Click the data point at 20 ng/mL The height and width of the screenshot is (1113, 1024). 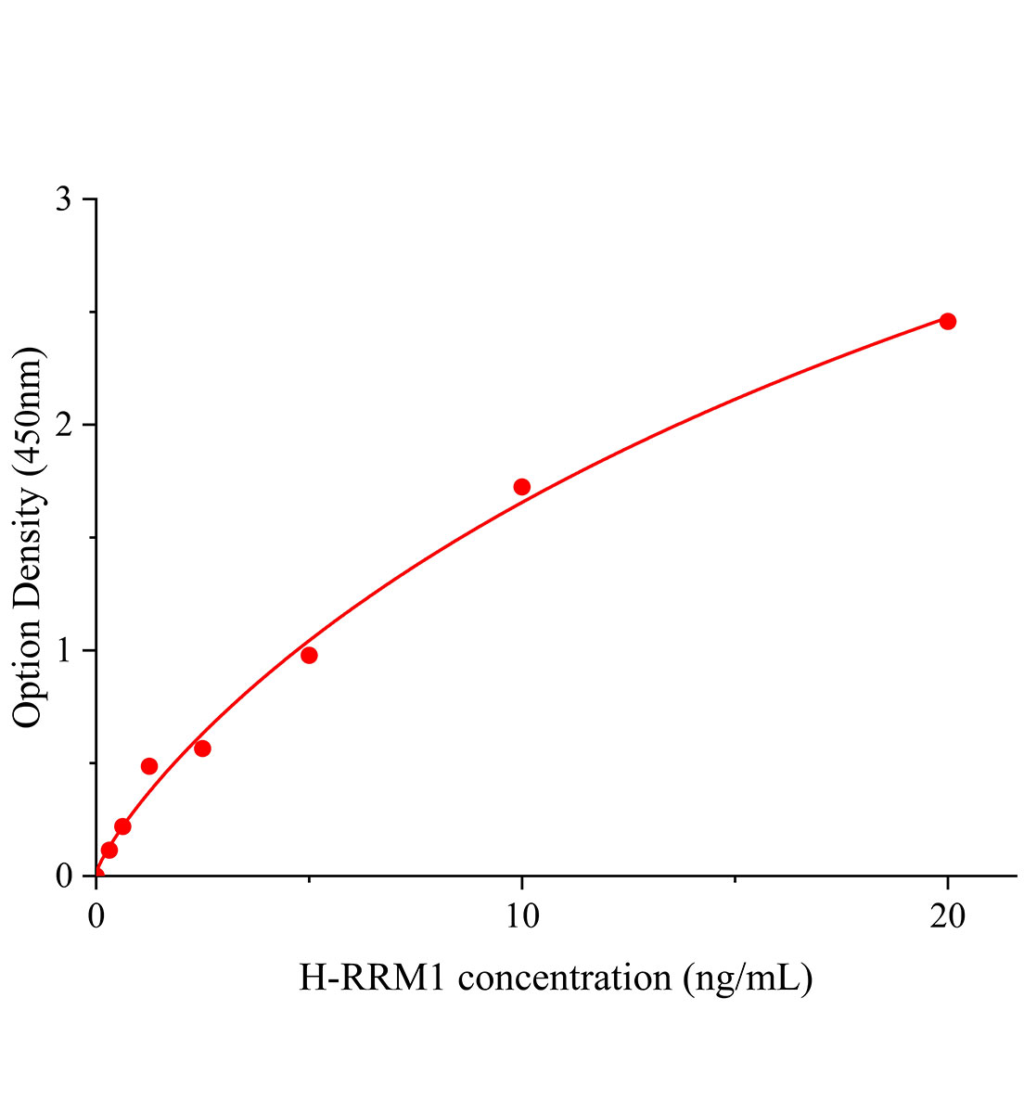[x=947, y=322]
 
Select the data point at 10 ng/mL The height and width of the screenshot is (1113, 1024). [x=521, y=487]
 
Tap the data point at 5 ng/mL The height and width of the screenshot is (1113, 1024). [x=309, y=656]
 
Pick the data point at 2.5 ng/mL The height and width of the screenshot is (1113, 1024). [x=202, y=748]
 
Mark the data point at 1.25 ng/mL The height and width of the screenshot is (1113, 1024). [x=149, y=766]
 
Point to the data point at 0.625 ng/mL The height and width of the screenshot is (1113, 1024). [x=122, y=826]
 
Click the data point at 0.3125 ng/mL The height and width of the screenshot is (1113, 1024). [x=109, y=850]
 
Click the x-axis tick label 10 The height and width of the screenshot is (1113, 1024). [x=521, y=917]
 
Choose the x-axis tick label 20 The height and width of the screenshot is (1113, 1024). [x=947, y=917]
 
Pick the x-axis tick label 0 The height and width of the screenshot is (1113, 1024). [x=96, y=917]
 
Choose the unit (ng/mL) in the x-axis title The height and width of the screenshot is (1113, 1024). [x=748, y=979]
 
